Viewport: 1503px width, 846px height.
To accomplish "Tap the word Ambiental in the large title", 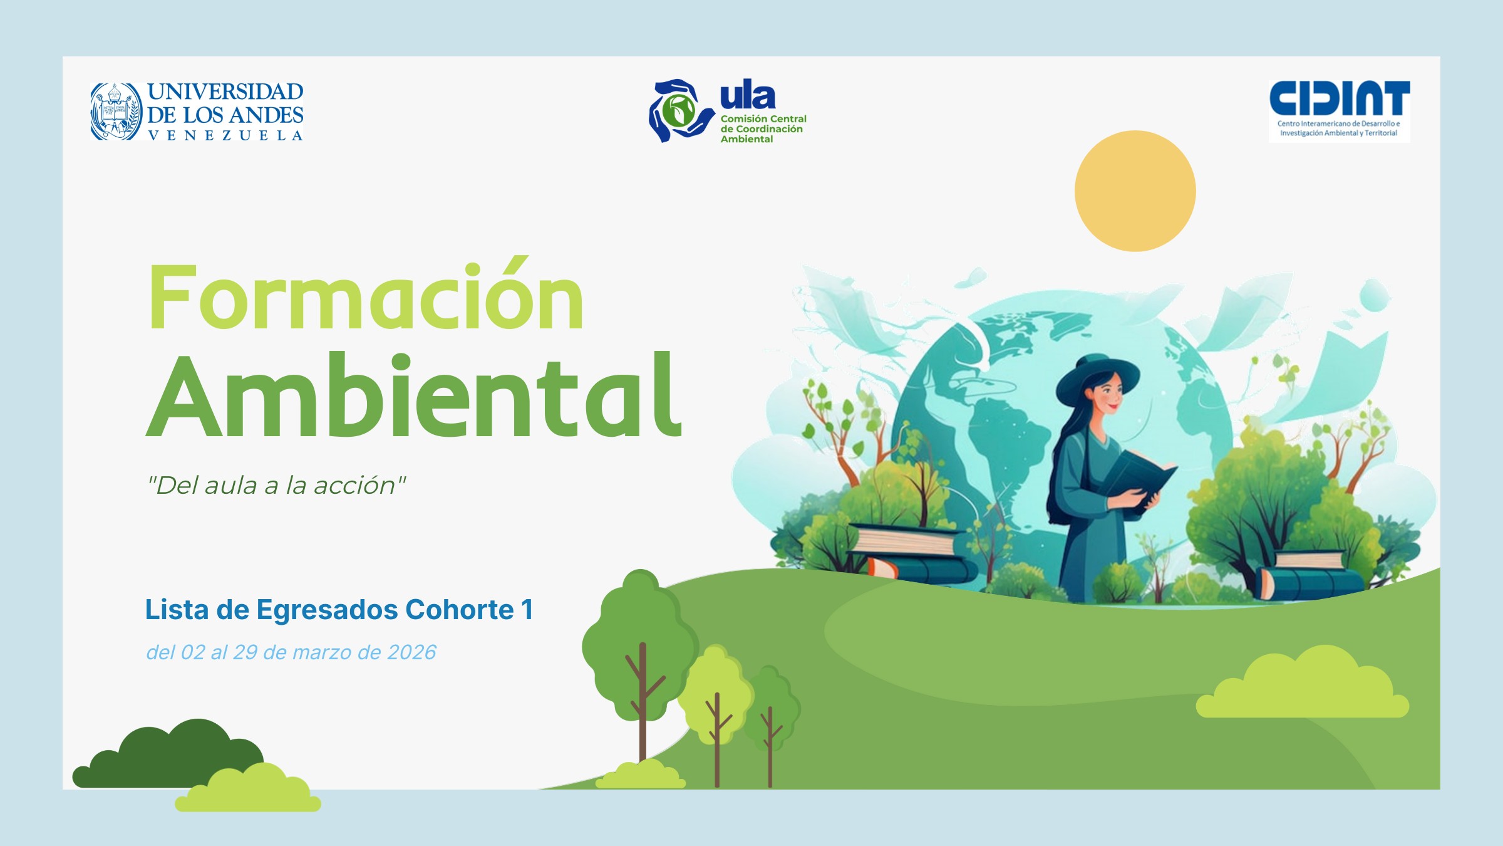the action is point(414,395).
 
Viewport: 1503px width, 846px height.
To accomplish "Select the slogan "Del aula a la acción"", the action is point(276,485).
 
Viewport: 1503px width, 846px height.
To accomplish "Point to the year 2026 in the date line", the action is point(411,652).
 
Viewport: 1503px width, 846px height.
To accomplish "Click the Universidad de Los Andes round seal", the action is point(116,112).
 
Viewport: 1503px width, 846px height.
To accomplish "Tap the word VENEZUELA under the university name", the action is point(225,135).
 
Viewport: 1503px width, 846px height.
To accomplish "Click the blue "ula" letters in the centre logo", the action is point(748,96).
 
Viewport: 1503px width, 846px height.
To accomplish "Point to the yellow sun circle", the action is point(1135,191).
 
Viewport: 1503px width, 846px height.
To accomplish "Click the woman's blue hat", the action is point(1097,377).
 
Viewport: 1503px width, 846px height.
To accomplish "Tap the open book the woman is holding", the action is point(1138,476).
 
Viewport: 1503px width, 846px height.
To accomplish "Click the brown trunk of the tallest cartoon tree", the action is point(643,702).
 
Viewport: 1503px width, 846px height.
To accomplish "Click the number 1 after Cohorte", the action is point(527,610).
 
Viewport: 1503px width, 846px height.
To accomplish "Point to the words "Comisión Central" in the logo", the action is point(763,118).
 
